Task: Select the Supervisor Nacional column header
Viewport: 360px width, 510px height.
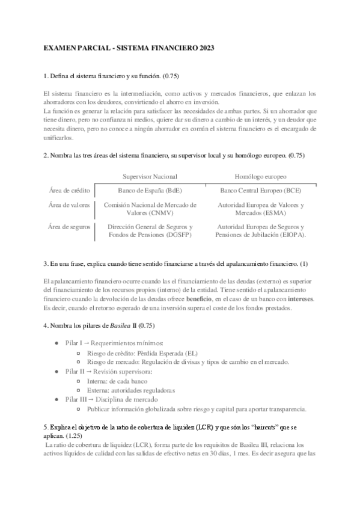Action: point(150,177)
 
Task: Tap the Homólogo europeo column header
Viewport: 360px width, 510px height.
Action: point(260,177)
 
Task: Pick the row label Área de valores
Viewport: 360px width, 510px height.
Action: point(70,205)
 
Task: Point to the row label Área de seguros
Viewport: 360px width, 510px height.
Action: point(70,227)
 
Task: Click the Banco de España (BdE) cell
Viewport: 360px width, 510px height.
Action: point(150,191)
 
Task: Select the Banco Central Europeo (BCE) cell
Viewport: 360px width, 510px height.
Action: point(260,191)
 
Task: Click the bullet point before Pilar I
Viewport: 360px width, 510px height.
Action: point(57,343)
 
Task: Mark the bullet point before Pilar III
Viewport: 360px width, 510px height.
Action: point(57,399)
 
